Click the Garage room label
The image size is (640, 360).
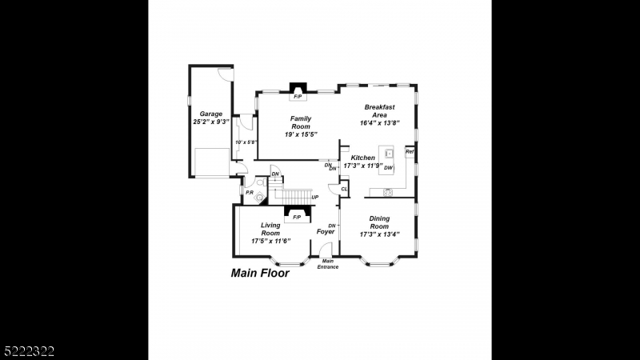pos(211,114)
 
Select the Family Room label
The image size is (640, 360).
pos(301,122)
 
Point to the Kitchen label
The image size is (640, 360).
pos(362,158)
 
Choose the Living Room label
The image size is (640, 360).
pos(270,229)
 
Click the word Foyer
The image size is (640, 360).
pos(325,232)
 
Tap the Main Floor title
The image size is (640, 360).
pos(260,273)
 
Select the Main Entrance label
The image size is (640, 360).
pos(327,264)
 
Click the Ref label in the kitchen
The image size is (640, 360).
pos(410,151)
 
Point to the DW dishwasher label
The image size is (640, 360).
pos(388,167)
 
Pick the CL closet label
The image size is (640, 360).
pos(344,190)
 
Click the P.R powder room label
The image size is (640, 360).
pos(250,193)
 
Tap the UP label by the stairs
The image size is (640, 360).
pos(315,197)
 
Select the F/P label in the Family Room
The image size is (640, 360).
pos(298,97)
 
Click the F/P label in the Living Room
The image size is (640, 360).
pos(297,217)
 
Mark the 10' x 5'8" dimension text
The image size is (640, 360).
pos(246,142)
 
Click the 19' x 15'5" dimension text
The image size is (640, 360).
pos(301,134)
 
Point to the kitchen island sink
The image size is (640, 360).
pos(389,152)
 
